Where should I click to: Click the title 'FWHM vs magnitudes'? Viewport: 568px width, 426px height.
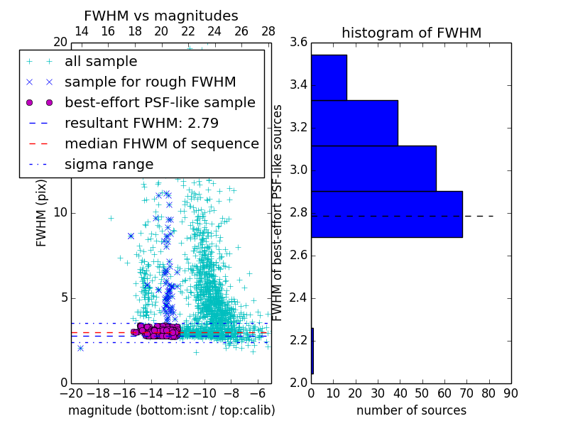[160, 16]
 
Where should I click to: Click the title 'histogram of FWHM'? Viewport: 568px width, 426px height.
[411, 33]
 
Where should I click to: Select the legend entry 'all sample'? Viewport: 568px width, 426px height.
[101, 62]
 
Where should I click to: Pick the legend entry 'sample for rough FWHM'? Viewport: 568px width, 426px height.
[150, 82]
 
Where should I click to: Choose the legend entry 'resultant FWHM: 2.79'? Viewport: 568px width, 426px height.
[141, 123]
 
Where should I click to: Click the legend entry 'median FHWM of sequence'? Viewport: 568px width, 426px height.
[161, 143]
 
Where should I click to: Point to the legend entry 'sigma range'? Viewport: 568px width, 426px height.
[109, 164]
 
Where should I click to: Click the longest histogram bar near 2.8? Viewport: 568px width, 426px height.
[386, 214]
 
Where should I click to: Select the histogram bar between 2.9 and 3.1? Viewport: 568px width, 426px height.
[373, 168]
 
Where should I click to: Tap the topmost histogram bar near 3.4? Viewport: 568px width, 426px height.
[329, 77]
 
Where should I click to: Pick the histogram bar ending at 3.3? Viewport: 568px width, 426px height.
[354, 123]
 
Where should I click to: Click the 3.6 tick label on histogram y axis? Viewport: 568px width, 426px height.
[299, 43]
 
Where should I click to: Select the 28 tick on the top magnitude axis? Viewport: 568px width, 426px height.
[268, 31]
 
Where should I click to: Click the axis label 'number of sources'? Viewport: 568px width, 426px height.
[411, 410]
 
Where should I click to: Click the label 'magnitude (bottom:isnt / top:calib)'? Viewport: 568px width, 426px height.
[171, 410]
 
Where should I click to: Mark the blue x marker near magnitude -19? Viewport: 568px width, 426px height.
[80, 348]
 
